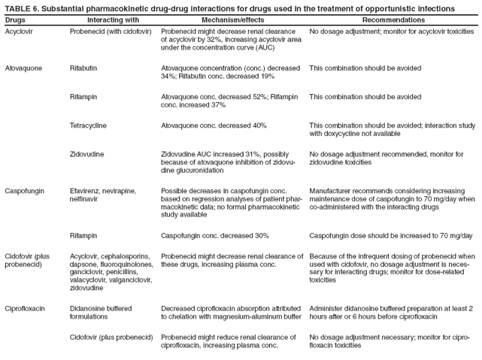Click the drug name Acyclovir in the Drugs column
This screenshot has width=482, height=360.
[19, 32]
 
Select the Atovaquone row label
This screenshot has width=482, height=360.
[23, 68]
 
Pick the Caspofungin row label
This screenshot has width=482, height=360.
[24, 191]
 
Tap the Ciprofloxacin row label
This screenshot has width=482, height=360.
[25, 308]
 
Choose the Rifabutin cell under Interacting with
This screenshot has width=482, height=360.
[86, 68]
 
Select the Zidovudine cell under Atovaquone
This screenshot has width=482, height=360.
[87, 154]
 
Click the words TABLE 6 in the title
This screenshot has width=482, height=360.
[21, 8]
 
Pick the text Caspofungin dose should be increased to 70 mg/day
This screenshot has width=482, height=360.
[390, 235]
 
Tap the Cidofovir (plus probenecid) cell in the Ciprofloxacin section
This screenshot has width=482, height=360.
[112, 337]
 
